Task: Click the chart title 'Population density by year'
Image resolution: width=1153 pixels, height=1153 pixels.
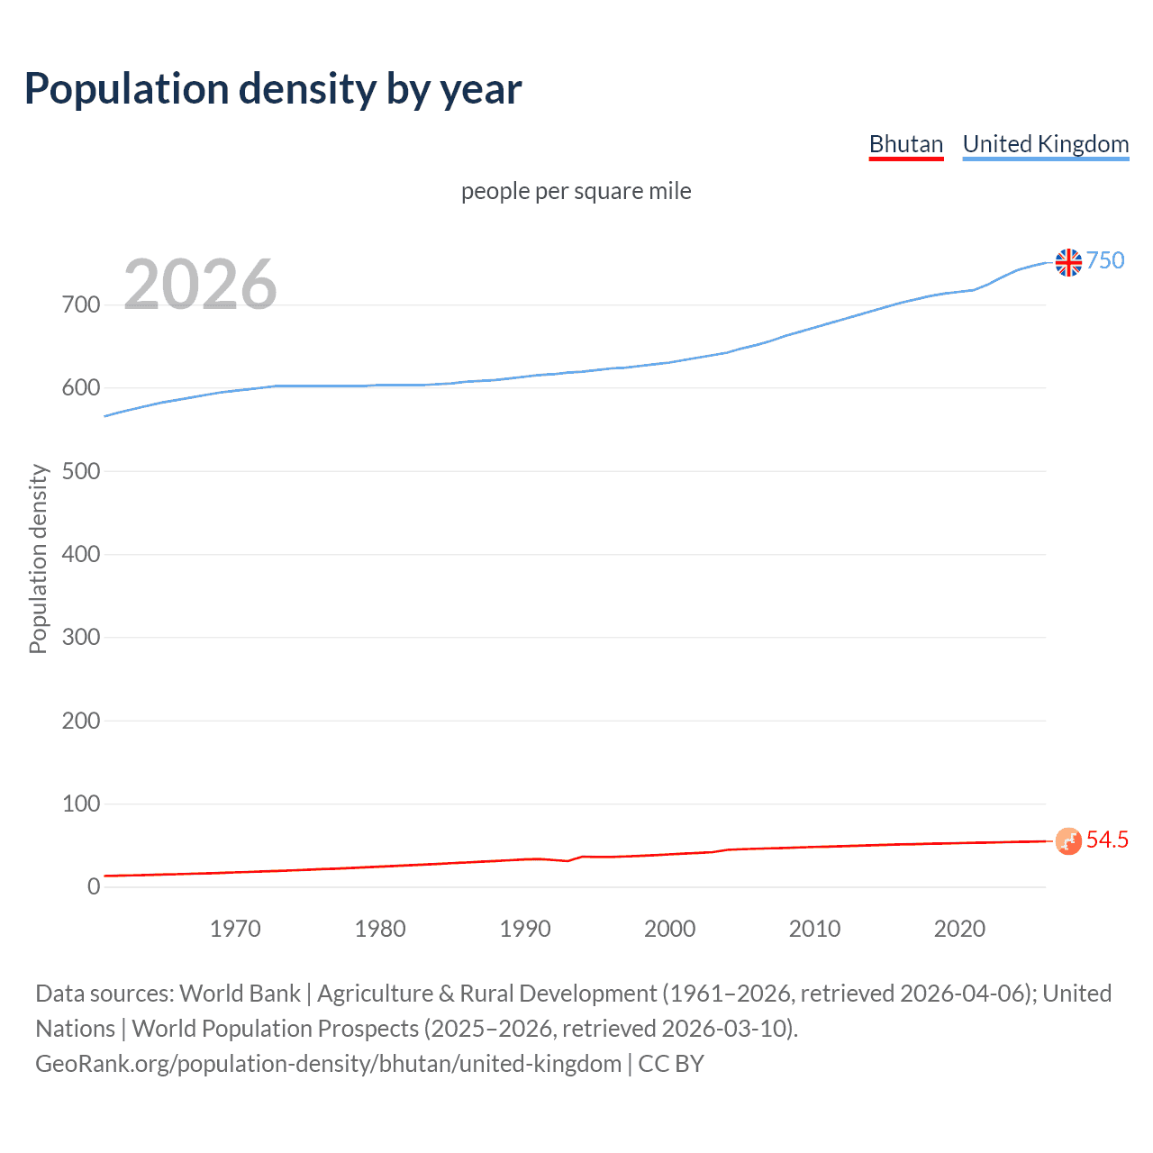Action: click(x=273, y=89)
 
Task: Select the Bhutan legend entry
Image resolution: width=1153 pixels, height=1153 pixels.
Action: click(x=905, y=144)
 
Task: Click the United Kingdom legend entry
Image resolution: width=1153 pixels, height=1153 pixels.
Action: click(x=1045, y=144)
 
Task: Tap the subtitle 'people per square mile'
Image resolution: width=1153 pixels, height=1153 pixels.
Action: click(x=576, y=191)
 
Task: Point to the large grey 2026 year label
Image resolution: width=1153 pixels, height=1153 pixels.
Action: click(x=200, y=285)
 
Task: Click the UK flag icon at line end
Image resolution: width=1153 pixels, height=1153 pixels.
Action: click(x=1068, y=262)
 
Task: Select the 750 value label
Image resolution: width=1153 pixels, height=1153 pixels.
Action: click(x=1105, y=260)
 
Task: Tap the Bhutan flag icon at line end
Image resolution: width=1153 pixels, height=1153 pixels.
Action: click(x=1068, y=840)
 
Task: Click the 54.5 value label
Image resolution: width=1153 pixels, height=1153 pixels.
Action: click(x=1107, y=840)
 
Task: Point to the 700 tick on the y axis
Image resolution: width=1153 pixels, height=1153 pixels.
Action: click(x=81, y=304)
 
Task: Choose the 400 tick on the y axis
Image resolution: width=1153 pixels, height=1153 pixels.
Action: click(x=81, y=554)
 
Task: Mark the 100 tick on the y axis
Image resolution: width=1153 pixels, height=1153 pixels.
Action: click(x=81, y=803)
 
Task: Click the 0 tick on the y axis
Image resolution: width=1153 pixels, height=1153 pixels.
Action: click(x=94, y=886)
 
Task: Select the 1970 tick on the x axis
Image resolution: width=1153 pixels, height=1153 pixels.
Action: click(x=235, y=929)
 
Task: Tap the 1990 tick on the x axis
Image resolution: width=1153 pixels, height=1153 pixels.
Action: click(x=525, y=929)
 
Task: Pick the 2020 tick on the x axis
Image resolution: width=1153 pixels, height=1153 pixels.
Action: click(x=959, y=929)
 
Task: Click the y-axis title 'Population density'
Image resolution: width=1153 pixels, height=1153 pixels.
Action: click(x=38, y=558)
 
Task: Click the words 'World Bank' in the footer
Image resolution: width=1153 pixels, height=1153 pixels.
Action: click(x=240, y=994)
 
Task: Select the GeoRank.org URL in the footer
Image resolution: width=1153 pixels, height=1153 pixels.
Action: click(x=328, y=1064)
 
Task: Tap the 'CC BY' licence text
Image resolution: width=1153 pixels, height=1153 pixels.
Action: click(x=671, y=1064)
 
